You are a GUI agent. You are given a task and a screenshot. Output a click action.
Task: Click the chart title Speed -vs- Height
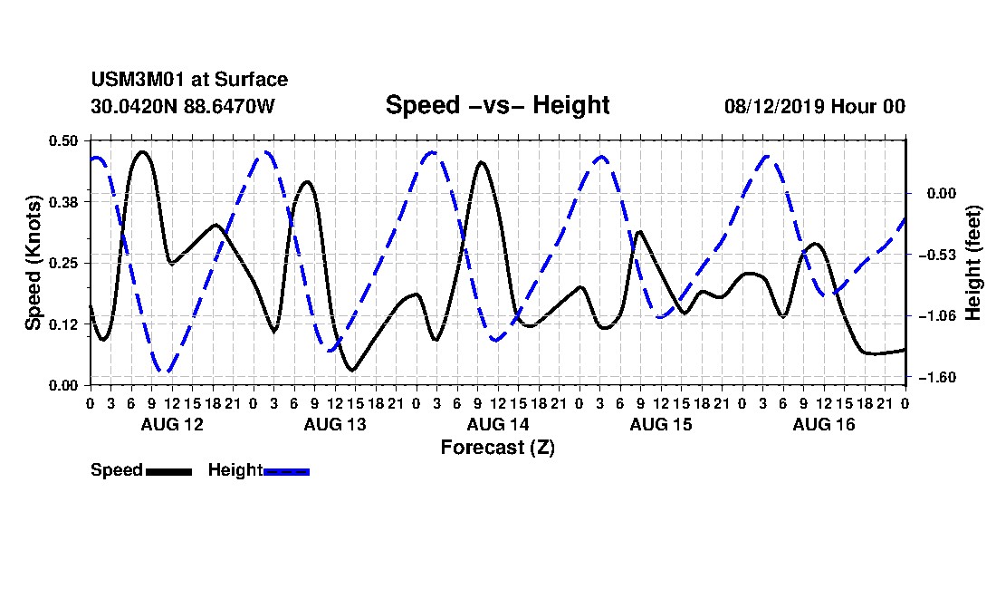(x=497, y=105)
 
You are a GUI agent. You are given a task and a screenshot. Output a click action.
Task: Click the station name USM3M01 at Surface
(x=189, y=80)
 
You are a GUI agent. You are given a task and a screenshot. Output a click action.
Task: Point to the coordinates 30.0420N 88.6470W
(x=183, y=106)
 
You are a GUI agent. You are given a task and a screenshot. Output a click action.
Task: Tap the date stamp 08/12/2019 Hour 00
(x=815, y=106)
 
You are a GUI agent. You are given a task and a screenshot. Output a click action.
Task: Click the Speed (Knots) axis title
(x=33, y=263)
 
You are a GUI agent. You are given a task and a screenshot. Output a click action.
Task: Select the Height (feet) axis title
(x=973, y=263)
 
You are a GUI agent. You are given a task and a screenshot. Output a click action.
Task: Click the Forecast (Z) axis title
(x=498, y=448)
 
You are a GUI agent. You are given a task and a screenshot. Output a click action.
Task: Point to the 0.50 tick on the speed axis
(x=63, y=140)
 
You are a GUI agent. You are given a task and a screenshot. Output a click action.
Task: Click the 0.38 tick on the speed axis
(x=63, y=202)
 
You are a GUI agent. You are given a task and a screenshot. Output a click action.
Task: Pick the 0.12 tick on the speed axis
(x=63, y=324)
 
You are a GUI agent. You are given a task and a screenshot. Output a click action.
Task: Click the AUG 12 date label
(x=172, y=424)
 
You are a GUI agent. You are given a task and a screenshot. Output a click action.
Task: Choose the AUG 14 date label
(x=498, y=424)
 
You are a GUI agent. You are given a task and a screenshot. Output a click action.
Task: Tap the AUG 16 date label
(x=824, y=424)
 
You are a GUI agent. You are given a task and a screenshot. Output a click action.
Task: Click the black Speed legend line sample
(x=168, y=471)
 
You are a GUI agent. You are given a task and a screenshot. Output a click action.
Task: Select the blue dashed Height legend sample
(x=286, y=471)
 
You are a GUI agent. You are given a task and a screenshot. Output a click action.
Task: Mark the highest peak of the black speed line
(x=142, y=152)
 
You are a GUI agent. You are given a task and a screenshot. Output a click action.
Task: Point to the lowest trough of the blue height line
(x=165, y=372)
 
